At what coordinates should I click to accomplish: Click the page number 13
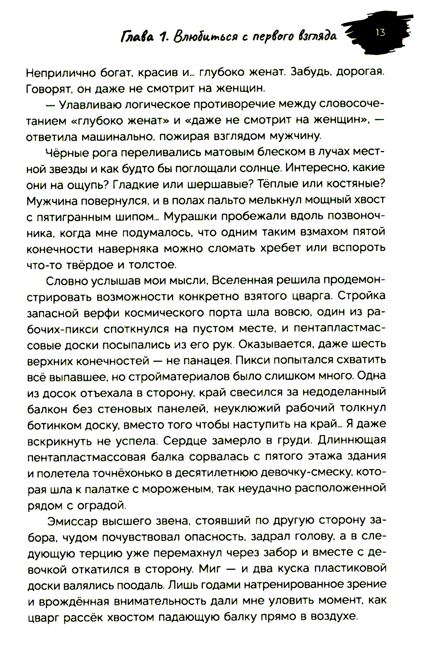(380, 32)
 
